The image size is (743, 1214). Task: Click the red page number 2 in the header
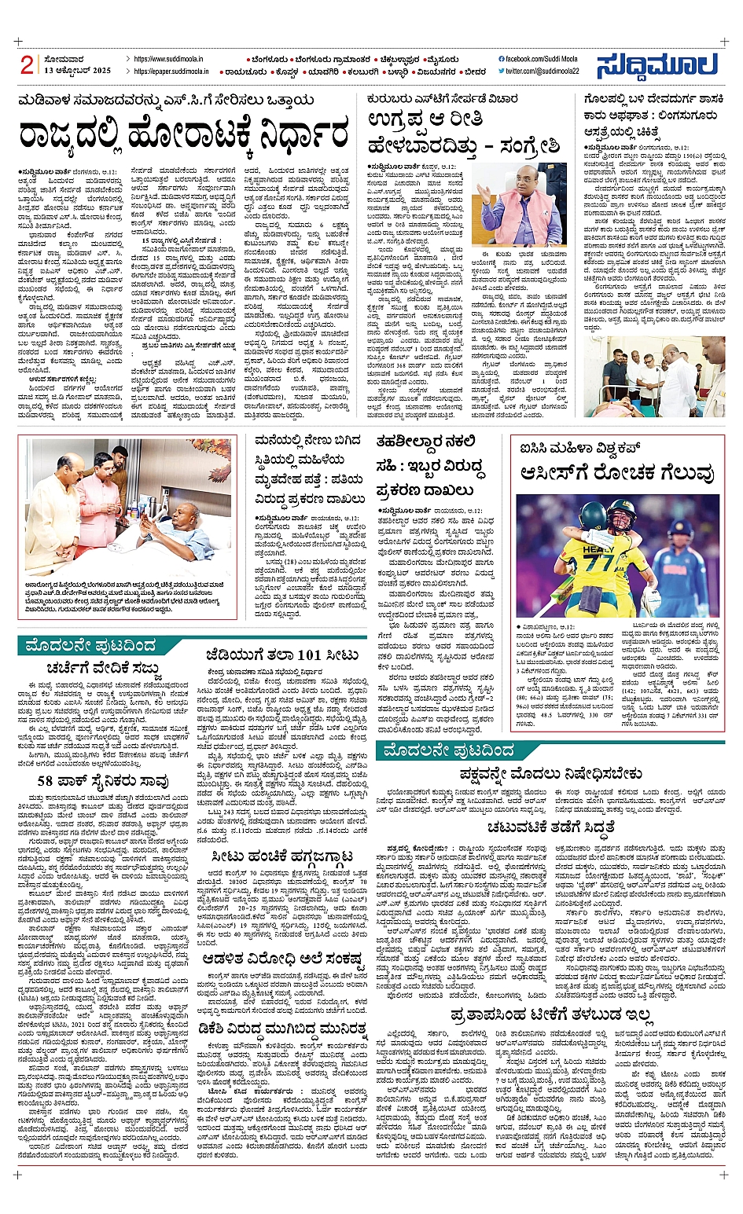[27, 65]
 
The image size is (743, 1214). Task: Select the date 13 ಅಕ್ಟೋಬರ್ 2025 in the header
[78, 71]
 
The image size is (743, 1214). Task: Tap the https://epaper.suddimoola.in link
[171, 71]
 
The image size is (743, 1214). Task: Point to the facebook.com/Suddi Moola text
[541, 59]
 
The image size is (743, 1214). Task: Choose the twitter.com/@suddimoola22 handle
[542, 71]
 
